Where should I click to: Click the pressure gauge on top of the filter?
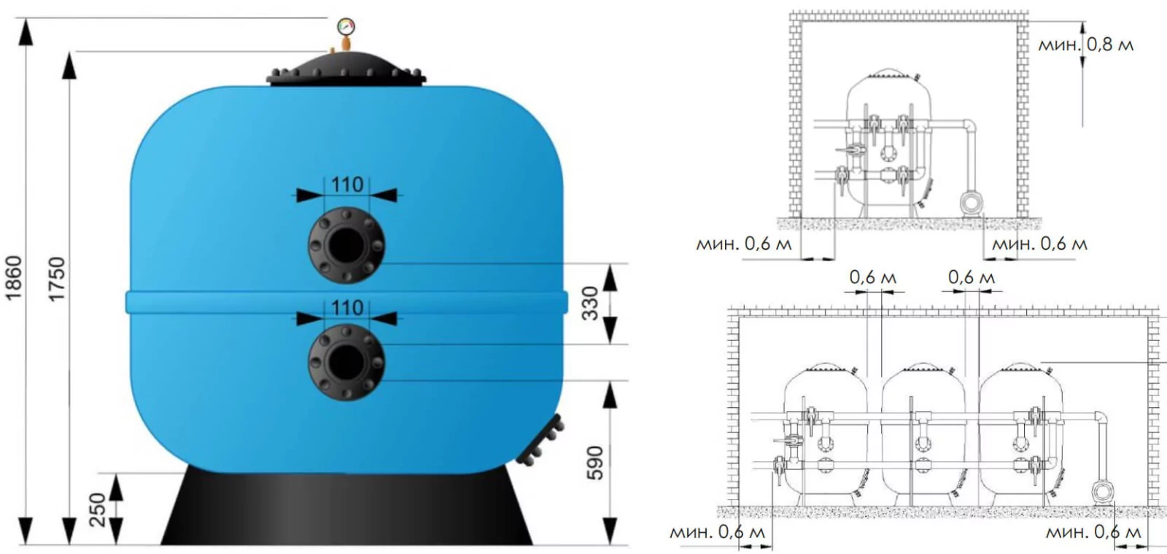point(346,27)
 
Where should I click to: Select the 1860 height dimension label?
point(14,278)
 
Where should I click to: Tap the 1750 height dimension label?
point(57,279)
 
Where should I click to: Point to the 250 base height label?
point(98,510)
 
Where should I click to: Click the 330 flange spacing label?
point(590,304)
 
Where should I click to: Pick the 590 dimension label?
point(594,463)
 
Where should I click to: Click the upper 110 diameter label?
point(347,185)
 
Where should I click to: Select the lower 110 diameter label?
point(347,307)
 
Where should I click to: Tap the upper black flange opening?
point(346,245)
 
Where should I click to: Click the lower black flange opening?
point(346,362)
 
